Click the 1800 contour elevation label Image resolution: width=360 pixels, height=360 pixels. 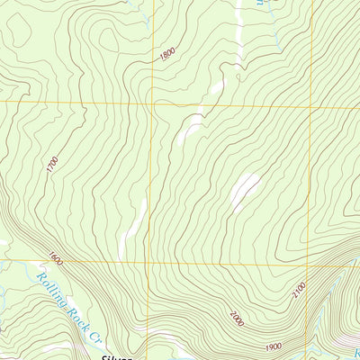pos(166,54)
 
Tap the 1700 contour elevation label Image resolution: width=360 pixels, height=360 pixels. pos(52,165)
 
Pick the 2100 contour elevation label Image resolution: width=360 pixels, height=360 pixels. pos(299,292)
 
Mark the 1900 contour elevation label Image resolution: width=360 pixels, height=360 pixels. pos(274,346)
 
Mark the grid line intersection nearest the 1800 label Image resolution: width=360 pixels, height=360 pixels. pos(152,102)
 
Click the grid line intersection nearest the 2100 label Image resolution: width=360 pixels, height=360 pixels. pos(311,264)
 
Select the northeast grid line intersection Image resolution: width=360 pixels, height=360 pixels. pos(311,106)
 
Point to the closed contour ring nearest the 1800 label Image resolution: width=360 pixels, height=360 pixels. pos(112,40)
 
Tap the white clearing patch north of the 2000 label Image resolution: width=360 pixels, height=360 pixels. pos(244,189)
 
